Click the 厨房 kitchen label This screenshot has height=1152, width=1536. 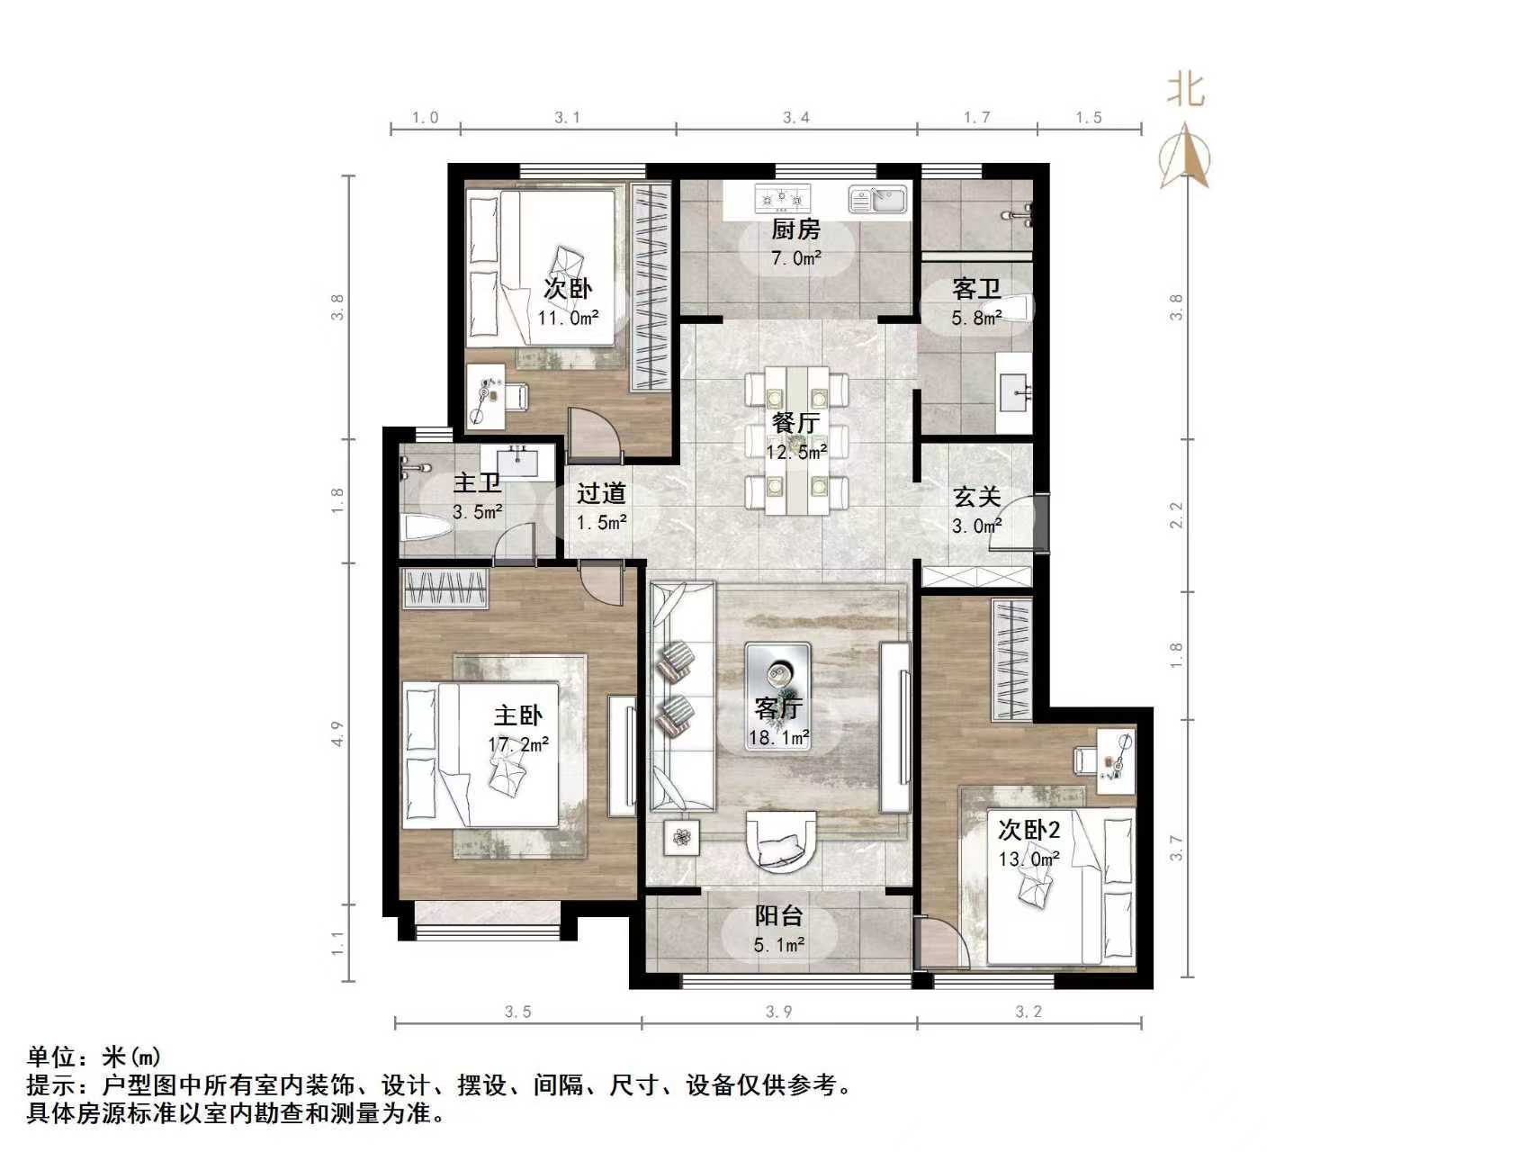[x=795, y=230]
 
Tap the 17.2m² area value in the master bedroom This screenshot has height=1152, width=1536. [x=518, y=744]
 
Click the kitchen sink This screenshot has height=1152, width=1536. [x=878, y=199]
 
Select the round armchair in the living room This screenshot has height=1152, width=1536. [x=780, y=841]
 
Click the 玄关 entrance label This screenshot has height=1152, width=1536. [x=977, y=497]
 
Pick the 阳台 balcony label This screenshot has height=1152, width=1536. [x=778, y=916]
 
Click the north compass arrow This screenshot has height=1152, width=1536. [x=1185, y=158]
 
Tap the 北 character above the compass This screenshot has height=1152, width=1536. [x=1186, y=90]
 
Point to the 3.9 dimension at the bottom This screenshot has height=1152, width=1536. [x=778, y=1012]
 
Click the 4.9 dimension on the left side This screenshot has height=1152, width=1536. [x=337, y=733]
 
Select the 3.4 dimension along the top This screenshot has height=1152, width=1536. [x=795, y=117]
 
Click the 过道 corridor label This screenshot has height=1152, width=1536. [x=601, y=493]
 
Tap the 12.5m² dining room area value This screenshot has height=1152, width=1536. [x=795, y=452]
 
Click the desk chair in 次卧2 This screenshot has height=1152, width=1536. [x=1085, y=760]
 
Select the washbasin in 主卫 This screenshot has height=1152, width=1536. [x=517, y=463]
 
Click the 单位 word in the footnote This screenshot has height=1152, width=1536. [x=51, y=1056]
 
